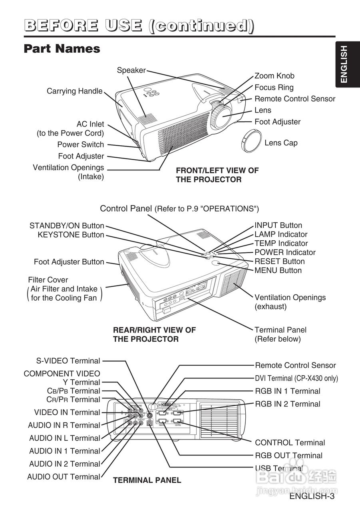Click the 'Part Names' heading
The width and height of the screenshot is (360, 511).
point(62,49)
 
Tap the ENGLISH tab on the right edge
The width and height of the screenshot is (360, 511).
point(344,64)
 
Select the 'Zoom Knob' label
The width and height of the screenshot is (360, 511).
point(274,76)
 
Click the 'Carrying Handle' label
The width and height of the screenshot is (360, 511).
point(75,91)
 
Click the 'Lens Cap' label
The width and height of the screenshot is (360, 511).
point(281,143)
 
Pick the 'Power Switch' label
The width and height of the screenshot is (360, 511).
point(80,145)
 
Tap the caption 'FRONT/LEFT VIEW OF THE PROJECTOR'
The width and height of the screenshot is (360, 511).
point(217,175)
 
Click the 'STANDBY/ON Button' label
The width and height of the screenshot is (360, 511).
point(67,226)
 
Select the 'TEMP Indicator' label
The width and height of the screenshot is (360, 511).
point(281,244)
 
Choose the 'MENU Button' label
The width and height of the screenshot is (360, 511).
point(278,271)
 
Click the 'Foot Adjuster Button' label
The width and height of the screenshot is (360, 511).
point(69,262)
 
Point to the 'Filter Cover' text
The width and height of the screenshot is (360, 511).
point(48,280)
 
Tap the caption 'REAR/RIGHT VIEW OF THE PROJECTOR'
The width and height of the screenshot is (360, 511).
point(155,335)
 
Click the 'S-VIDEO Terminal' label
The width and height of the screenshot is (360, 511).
point(68,361)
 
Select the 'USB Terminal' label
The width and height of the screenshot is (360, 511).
point(279,468)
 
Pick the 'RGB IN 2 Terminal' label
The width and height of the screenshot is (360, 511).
point(288,404)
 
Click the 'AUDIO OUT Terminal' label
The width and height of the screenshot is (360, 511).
point(64,477)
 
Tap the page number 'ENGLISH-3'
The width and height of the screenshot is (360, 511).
point(312,497)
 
